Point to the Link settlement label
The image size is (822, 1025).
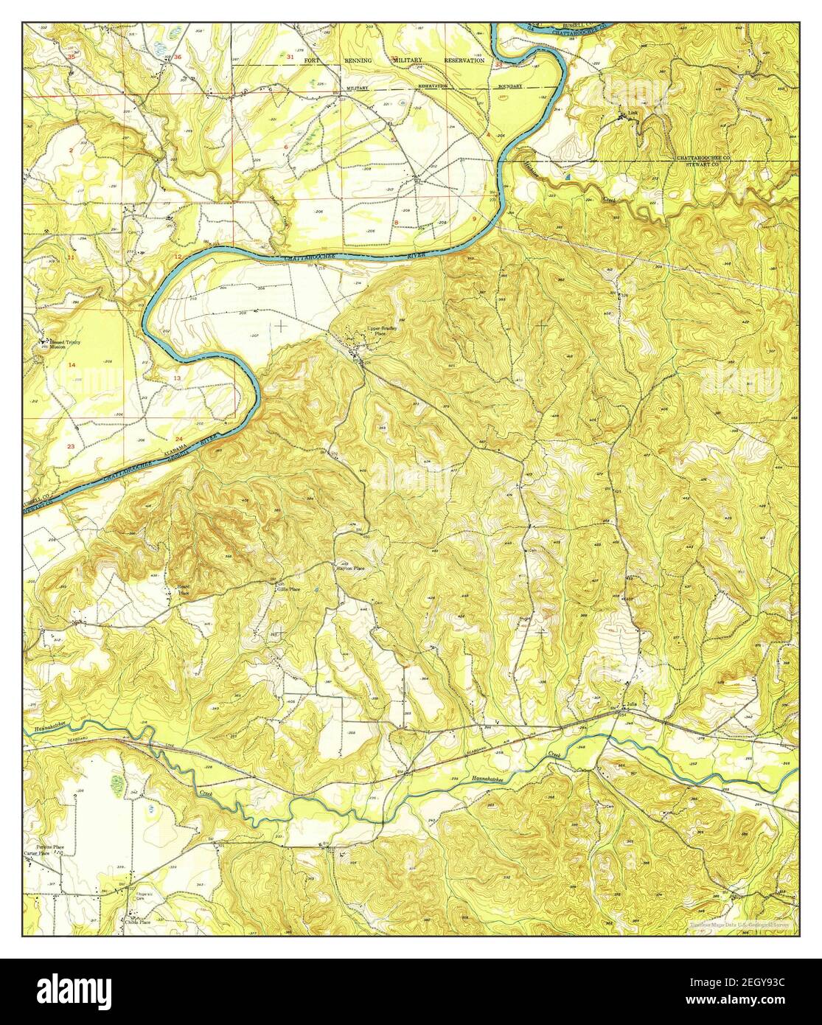click(632, 114)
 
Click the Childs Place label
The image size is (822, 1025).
click(137, 922)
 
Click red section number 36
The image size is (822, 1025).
click(177, 57)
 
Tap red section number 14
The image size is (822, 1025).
click(72, 366)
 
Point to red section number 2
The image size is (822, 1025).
click(71, 150)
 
